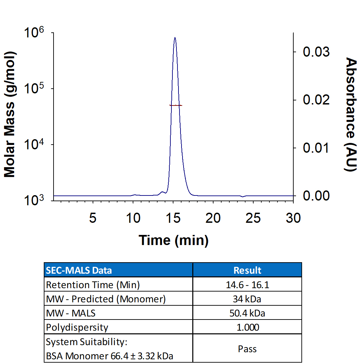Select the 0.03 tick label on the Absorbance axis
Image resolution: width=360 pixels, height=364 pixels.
point(316,52)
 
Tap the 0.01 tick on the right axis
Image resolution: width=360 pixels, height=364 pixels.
point(316,148)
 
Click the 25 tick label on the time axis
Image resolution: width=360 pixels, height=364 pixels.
point(253,218)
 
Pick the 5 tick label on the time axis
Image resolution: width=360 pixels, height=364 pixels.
point(93,218)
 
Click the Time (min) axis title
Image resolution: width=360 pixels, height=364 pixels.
point(173,240)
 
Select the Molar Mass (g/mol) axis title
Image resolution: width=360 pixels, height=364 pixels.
point(10,115)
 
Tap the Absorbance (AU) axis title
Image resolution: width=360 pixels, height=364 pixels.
point(351,115)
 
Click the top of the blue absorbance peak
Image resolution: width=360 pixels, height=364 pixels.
point(175,38)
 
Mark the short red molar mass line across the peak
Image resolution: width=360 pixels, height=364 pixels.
point(176,105)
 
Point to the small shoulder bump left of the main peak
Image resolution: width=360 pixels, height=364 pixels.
point(163,192)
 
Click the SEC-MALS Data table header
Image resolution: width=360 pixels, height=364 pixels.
point(79,270)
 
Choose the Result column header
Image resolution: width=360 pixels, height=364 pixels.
point(247,270)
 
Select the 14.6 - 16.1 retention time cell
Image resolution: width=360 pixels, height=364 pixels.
point(247,285)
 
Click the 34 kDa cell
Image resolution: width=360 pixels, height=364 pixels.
point(247,299)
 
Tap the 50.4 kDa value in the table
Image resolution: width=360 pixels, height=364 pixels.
point(247,313)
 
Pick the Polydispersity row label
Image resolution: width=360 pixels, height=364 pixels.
point(77,327)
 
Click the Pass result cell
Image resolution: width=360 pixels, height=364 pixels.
point(247,348)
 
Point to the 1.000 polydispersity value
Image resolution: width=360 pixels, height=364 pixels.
point(247,327)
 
